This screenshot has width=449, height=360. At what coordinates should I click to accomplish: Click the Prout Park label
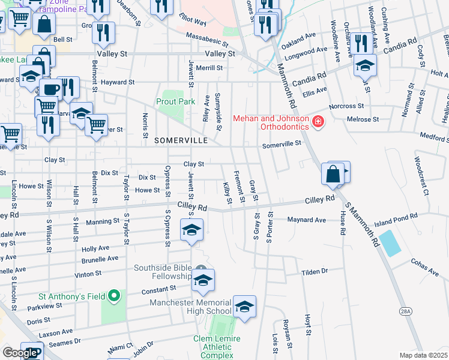tap(176, 102)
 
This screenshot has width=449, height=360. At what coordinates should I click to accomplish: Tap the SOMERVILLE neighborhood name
tap(181, 140)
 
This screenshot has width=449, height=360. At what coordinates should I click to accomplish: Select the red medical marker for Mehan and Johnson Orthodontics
tap(318, 123)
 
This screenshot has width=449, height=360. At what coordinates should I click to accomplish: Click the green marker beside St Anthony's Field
tap(113, 296)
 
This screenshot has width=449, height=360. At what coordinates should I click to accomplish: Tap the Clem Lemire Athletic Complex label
tap(217, 347)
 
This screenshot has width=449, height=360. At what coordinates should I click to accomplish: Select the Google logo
tap(20, 353)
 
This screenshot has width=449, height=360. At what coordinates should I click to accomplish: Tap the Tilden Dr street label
tap(315, 271)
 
